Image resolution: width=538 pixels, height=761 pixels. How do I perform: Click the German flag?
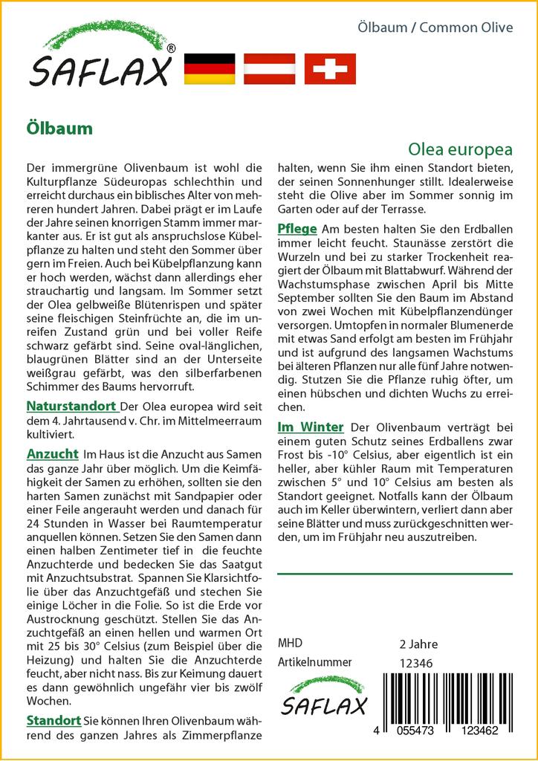(x=209, y=68)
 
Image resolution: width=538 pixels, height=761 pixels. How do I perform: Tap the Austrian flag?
(x=270, y=68)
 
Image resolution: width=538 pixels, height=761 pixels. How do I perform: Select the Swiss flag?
(x=330, y=68)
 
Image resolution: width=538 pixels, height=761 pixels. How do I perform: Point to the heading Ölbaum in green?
(x=59, y=128)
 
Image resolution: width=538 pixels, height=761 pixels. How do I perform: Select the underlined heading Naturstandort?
(x=71, y=406)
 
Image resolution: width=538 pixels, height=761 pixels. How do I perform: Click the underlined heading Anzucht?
(x=52, y=453)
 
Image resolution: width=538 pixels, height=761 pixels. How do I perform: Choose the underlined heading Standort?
(x=54, y=720)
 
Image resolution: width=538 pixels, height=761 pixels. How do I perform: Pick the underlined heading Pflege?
(x=297, y=228)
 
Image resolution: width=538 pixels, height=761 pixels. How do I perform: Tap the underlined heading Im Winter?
(x=310, y=427)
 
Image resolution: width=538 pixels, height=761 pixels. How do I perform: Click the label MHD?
(x=290, y=643)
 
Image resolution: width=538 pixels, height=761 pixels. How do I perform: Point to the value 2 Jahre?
(x=418, y=644)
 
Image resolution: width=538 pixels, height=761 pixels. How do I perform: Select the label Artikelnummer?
(x=314, y=662)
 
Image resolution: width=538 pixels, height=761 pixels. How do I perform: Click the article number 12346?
(x=416, y=663)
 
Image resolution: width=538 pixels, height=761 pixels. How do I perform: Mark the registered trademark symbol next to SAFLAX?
(x=172, y=48)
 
